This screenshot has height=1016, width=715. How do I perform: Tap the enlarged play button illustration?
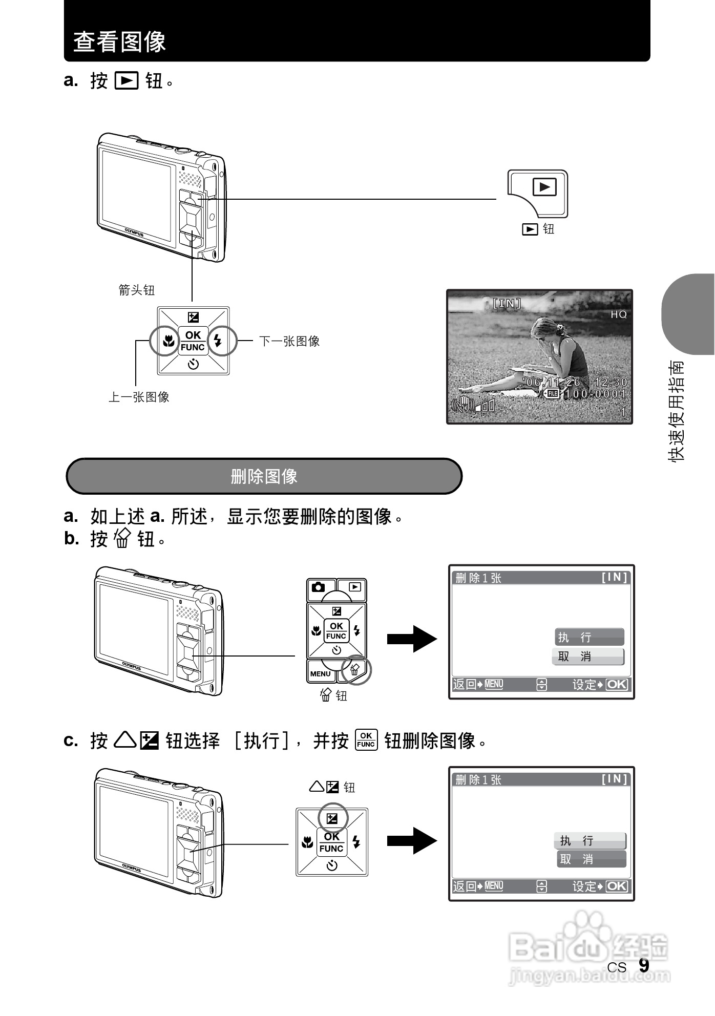pyautogui.click(x=544, y=187)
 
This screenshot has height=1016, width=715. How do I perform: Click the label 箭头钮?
pyautogui.click(x=136, y=290)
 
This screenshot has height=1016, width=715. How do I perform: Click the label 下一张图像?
pyautogui.click(x=289, y=341)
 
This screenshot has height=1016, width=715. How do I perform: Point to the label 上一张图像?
pyautogui.click(x=139, y=397)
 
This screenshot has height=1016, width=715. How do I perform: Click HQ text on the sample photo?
pyautogui.click(x=618, y=314)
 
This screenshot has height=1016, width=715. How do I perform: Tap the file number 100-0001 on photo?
pyautogui.click(x=595, y=394)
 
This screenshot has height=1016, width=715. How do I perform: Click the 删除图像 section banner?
pyautogui.click(x=264, y=476)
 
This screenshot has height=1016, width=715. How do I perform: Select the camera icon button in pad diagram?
pyautogui.click(x=318, y=587)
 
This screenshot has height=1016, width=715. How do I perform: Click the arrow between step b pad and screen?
pyautogui.click(x=412, y=639)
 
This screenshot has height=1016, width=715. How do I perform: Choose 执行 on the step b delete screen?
pyautogui.click(x=589, y=637)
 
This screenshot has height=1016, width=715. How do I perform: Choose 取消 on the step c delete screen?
pyautogui.click(x=591, y=859)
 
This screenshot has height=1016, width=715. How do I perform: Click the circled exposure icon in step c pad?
pyautogui.click(x=332, y=818)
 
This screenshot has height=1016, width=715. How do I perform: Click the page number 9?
pyautogui.click(x=644, y=966)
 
